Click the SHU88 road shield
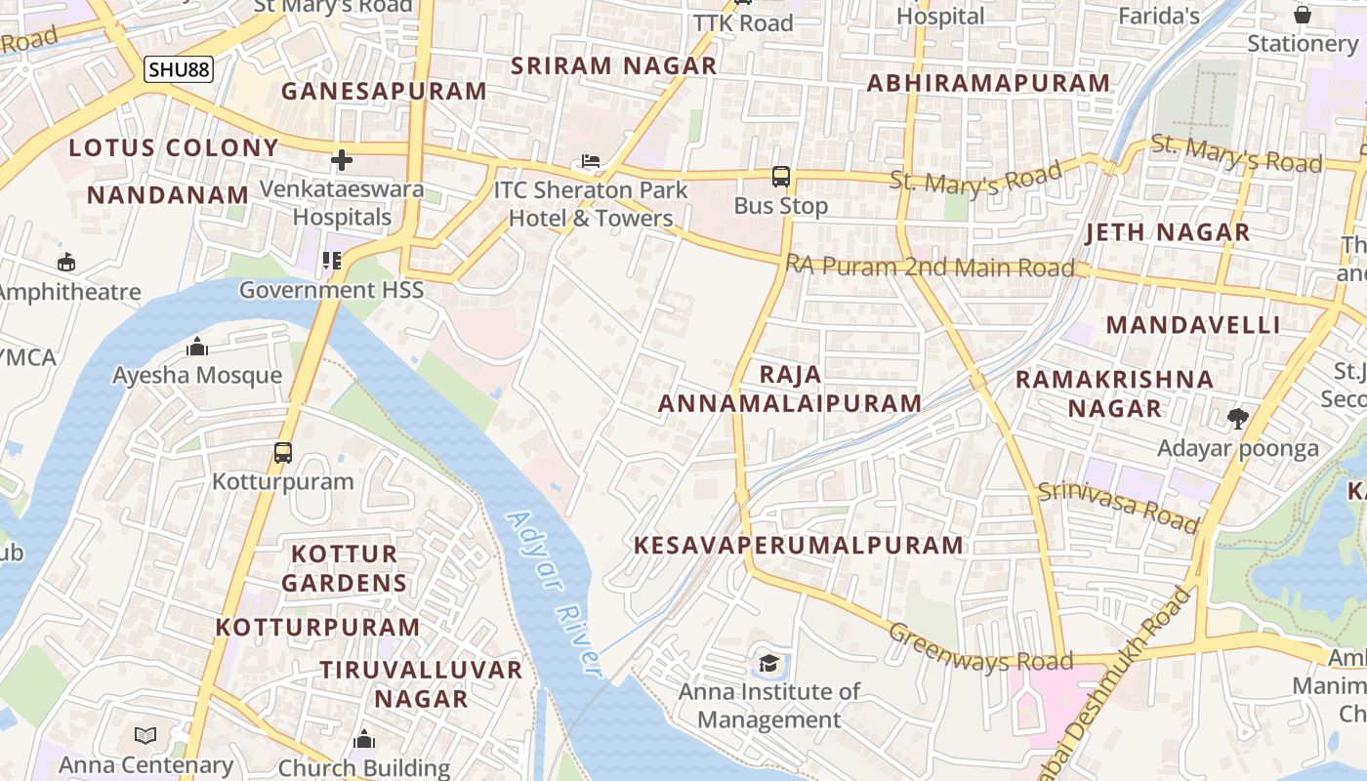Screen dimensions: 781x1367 tap(178, 69)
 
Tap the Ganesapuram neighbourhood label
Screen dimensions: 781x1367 tap(384, 91)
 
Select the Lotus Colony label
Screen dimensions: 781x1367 tap(174, 148)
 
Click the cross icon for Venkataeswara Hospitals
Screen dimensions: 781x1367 tap(342, 159)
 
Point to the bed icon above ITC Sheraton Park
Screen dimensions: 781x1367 tap(590, 160)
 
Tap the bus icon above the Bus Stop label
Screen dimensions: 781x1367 tap(780, 177)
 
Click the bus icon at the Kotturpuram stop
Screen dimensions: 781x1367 tap(283, 452)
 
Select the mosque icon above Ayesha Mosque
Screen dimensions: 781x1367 tap(197, 347)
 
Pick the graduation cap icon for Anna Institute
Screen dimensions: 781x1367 tap(768, 664)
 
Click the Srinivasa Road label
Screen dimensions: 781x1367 tap(1118, 506)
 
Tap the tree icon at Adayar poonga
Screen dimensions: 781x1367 tap(1238, 419)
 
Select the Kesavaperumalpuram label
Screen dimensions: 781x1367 tap(799, 545)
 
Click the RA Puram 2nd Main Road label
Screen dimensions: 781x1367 tap(931, 267)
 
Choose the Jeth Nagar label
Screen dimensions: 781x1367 tap(1167, 232)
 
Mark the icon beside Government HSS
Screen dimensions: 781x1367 tap(332, 261)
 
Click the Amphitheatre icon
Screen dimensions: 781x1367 tap(66, 262)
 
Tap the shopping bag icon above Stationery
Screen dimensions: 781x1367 tap(1302, 15)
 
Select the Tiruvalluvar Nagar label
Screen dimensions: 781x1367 tap(422, 683)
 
